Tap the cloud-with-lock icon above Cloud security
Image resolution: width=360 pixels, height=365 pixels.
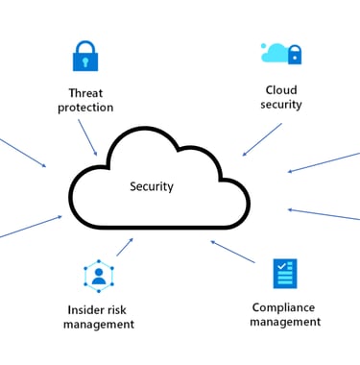click(x=281, y=52)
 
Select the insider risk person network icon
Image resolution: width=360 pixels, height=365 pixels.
click(x=99, y=276)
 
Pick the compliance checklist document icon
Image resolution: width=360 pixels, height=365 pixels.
click(x=284, y=274)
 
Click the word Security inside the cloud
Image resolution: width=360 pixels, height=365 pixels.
click(x=152, y=186)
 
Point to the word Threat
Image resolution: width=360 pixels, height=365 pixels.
click(x=85, y=93)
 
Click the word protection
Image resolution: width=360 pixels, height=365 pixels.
click(x=85, y=108)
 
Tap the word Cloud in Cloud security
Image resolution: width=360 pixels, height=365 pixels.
click(x=281, y=90)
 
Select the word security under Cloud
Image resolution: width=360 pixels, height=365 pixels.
click(x=281, y=105)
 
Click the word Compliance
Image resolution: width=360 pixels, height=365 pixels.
click(x=284, y=307)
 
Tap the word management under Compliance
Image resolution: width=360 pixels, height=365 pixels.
click(x=284, y=322)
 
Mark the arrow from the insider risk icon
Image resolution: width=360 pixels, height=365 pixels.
click(x=125, y=247)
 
